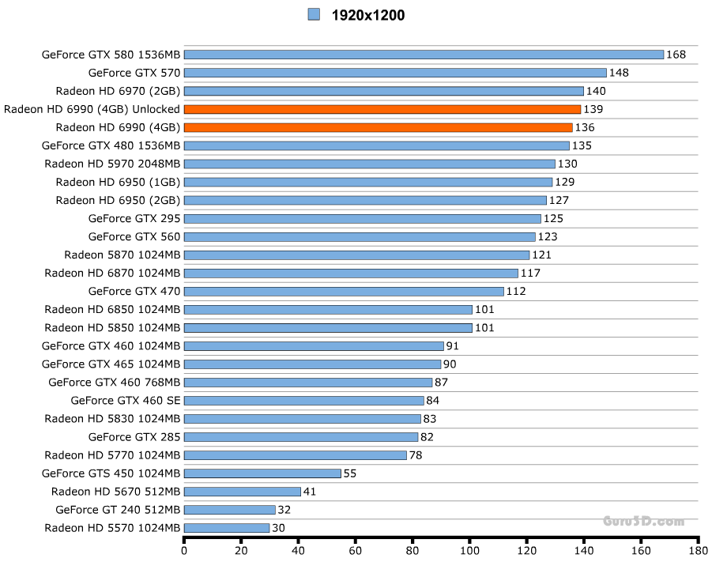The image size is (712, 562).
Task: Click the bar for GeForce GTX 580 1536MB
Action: pos(424,55)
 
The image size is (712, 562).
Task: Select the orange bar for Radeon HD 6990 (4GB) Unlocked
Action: pos(382,109)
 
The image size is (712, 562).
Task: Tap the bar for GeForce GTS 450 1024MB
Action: pos(262,473)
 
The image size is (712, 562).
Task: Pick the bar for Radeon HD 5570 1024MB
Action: pos(227,528)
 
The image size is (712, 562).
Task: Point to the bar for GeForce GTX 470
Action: pos(344,291)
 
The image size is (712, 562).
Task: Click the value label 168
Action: pos(676,55)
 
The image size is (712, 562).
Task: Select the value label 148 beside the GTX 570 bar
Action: pos(619,73)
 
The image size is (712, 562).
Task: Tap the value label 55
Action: pos(350,473)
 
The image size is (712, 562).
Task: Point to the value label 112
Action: pos(516,291)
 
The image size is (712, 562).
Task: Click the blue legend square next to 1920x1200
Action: pos(314,14)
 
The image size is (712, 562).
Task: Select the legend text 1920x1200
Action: pos(368,15)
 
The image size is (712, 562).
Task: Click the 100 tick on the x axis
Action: pos(470,550)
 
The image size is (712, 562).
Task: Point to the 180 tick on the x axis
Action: pos(698,550)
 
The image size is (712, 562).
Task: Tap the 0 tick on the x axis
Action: pos(184,550)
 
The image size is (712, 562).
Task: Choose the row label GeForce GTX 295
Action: pos(134,218)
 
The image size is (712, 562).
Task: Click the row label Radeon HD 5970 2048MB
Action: pos(112,164)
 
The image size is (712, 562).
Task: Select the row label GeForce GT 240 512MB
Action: pos(118,510)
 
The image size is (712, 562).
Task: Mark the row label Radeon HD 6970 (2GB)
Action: pos(118,91)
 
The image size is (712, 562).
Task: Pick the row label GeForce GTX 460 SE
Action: pos(126,401)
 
